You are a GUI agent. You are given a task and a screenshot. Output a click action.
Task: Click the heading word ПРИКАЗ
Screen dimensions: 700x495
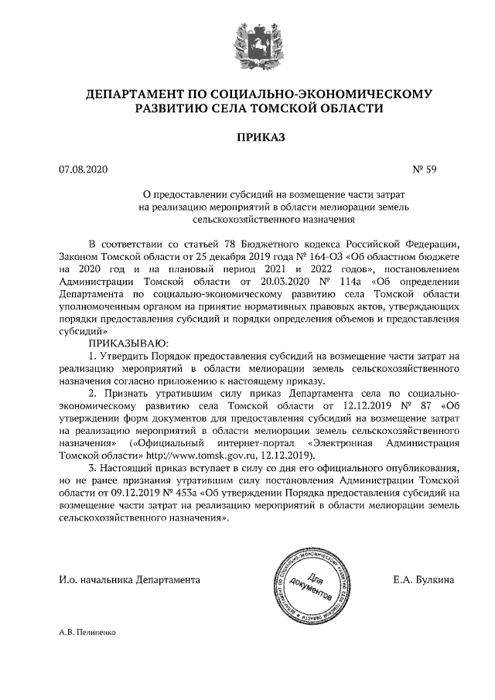(x=247, y=138)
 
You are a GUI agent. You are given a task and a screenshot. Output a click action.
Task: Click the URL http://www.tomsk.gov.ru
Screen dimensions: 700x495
(x=192, y=454)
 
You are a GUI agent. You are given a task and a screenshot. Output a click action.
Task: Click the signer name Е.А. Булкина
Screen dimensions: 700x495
(x=425, y=579)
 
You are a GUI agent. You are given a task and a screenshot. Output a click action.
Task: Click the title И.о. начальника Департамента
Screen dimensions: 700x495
(x=129, y=579)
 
